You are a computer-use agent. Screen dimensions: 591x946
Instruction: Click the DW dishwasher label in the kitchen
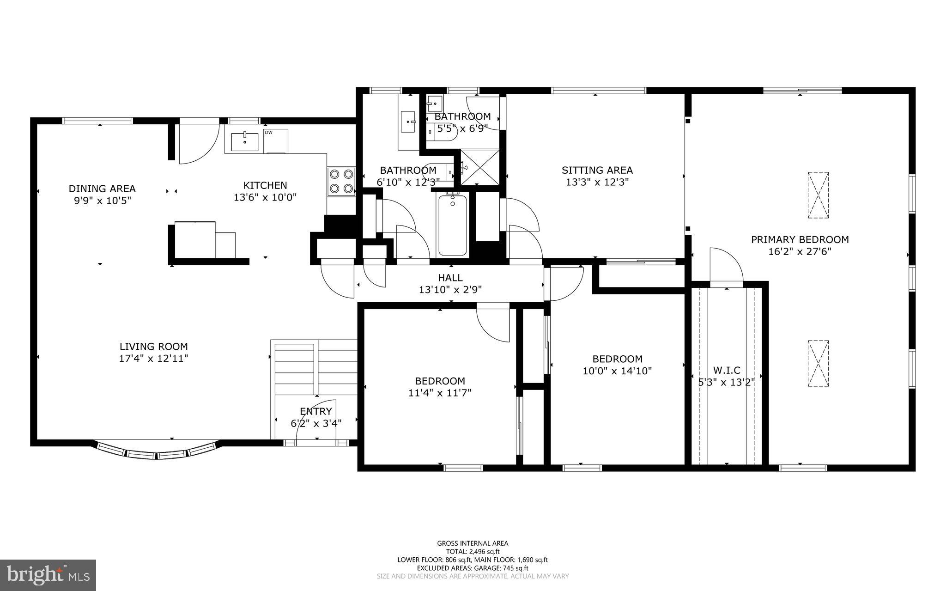268,133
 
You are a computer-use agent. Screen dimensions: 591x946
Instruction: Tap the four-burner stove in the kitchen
341,181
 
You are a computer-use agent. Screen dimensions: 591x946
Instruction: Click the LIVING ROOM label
153,347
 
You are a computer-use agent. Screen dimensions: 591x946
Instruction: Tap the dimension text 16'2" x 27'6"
800,252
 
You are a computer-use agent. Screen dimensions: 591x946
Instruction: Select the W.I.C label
727,370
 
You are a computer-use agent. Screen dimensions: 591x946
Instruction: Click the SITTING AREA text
597,170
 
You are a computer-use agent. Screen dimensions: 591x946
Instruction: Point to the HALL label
450,278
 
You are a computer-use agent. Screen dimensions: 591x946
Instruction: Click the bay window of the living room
157,452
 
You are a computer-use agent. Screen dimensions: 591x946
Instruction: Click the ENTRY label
315,411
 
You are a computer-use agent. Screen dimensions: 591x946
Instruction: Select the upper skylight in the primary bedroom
818,195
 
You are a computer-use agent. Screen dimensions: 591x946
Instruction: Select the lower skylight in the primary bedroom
818,363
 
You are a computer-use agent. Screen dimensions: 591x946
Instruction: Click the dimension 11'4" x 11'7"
440,393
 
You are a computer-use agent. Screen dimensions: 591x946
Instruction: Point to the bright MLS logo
48,575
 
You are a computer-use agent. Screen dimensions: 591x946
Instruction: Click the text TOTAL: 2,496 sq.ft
473,551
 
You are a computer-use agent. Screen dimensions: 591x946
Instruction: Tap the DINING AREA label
102,189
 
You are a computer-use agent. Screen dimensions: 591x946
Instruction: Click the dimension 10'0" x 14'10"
617,371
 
